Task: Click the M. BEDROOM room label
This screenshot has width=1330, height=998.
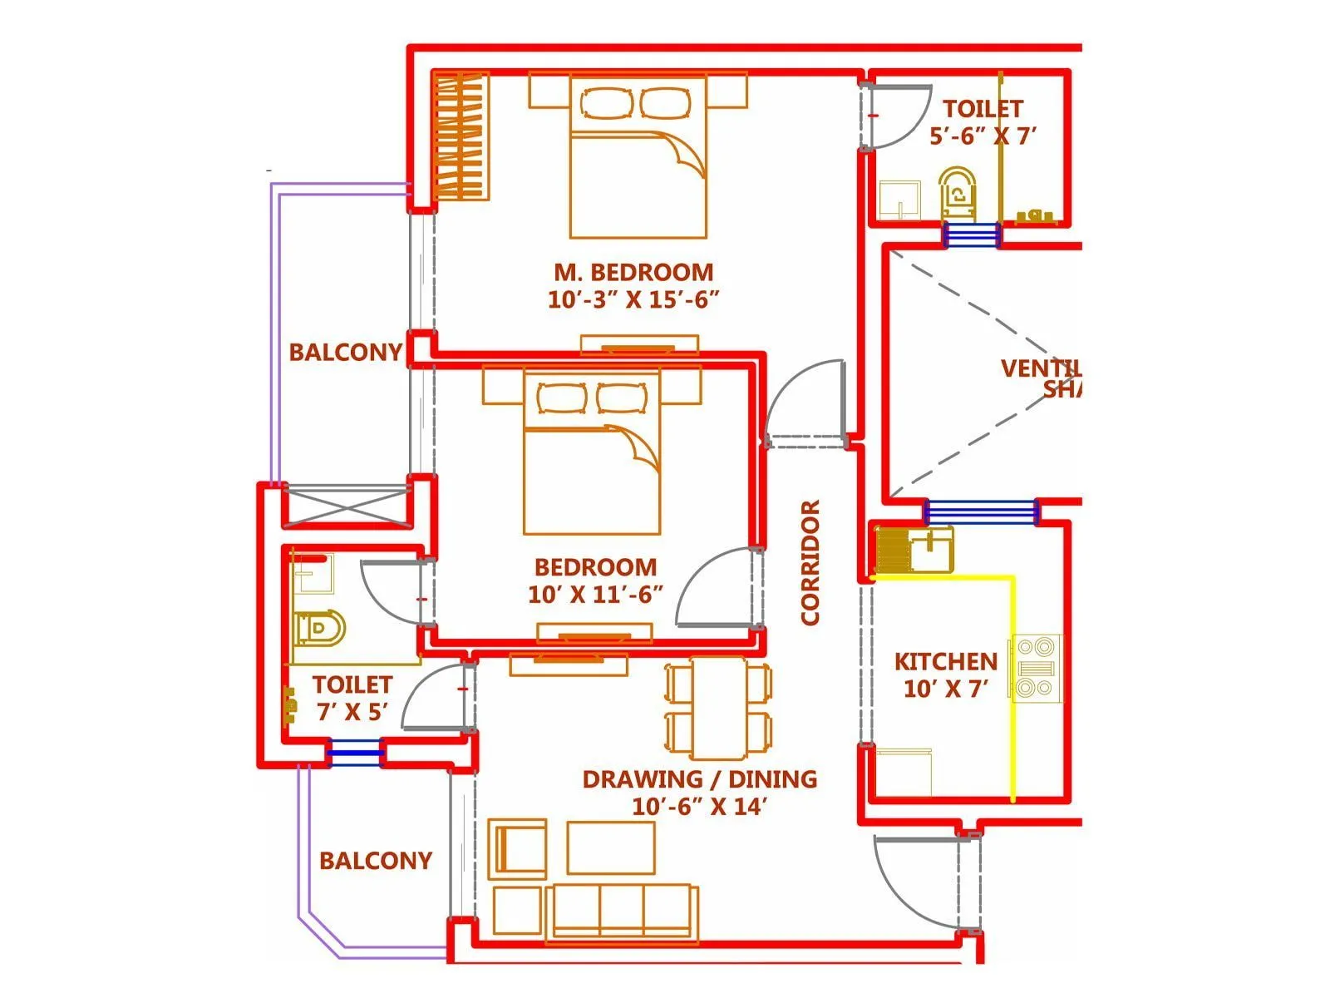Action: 633,284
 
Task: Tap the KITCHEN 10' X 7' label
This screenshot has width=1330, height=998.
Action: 945,674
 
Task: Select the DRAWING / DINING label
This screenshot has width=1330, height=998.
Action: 699,792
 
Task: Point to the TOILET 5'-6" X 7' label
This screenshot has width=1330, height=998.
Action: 983,121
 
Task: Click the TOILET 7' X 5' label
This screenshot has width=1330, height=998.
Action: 352,698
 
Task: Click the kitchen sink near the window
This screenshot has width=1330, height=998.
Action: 931,549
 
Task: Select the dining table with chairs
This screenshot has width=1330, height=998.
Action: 719,708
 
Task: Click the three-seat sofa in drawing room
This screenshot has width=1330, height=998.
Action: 622,912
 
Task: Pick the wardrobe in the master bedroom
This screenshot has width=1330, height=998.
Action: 460,137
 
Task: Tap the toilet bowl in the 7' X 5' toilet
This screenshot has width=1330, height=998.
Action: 319,629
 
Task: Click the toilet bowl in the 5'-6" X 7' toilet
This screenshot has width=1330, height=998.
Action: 958,193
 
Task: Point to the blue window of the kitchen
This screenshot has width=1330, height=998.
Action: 981,511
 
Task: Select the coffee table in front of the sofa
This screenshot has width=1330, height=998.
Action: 611,847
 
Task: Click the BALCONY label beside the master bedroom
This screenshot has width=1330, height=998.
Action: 345,353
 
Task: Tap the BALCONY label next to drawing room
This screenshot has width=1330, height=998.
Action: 376,861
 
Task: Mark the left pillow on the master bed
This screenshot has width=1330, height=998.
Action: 604,104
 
